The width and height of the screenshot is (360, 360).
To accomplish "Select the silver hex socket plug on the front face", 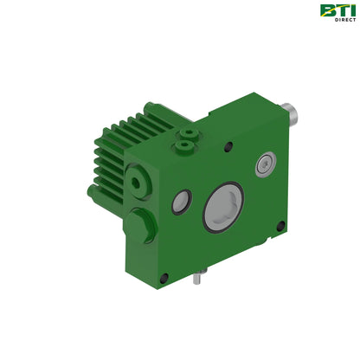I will [x=266, y=164].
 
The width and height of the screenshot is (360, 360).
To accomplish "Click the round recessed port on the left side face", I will [x=138, y=183].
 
